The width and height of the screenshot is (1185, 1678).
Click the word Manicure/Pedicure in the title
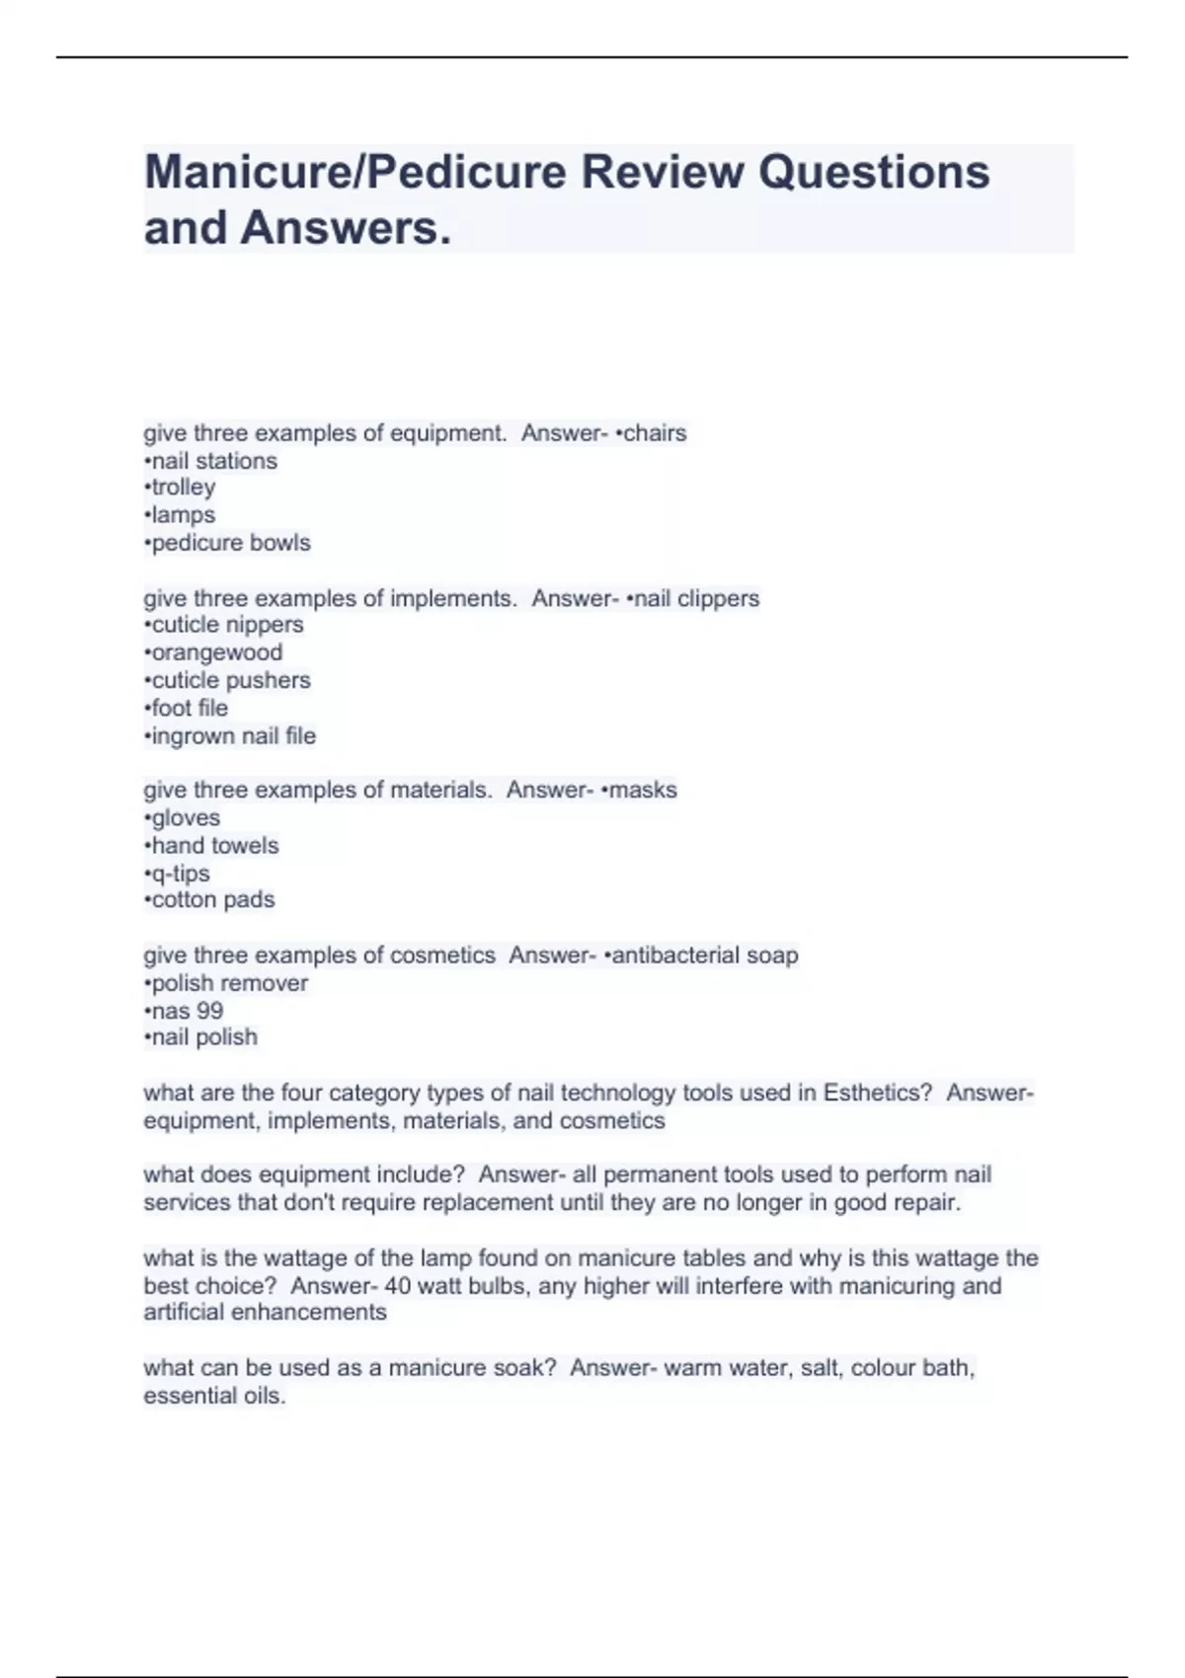(355, 173)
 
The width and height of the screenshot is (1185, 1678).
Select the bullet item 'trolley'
(183, 488)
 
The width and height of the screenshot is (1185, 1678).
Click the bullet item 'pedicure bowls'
(230, 543)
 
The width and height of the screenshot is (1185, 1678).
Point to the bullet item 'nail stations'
(213, 461)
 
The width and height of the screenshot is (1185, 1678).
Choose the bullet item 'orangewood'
(216, 652)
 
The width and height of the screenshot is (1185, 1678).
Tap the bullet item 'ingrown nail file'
(233, 736)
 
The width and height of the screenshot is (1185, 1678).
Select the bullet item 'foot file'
(189, 708)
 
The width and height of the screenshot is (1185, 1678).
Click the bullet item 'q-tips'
(180, 874)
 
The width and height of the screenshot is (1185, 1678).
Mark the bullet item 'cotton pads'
(212, 900)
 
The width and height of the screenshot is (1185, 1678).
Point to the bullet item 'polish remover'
(229, 983)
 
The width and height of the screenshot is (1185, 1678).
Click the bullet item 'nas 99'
(187, 1011)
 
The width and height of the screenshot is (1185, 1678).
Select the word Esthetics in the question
(877, 1093)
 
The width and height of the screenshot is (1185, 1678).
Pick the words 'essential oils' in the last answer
(213, 1397)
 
